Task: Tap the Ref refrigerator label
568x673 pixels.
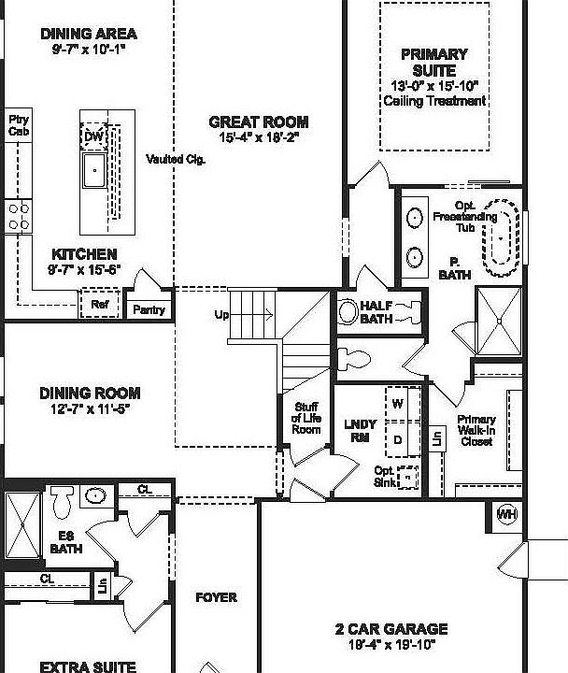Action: coord(99,305)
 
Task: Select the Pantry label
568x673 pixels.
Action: coord(149,309)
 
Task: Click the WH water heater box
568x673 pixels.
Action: coord(506,515)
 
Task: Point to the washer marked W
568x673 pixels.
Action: coord(397,405)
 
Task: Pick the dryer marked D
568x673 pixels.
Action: coord(397,438)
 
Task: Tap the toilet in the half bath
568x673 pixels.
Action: coord(348,311)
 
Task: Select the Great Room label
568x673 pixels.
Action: coord(258,122)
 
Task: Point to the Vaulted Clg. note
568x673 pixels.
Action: coord(176,160)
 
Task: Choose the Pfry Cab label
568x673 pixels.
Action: coord(19,125)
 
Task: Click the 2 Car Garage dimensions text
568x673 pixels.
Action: coord(391,644)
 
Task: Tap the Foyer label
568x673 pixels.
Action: coord(216,597)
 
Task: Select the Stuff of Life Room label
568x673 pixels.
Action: coord(306,418)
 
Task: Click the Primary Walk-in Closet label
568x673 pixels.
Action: coord(476,431)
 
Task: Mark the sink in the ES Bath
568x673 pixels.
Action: coord(94,495)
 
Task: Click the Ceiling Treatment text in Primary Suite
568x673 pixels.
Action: coord(439,101)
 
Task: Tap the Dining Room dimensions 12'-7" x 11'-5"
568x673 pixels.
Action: coord(90,408)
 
